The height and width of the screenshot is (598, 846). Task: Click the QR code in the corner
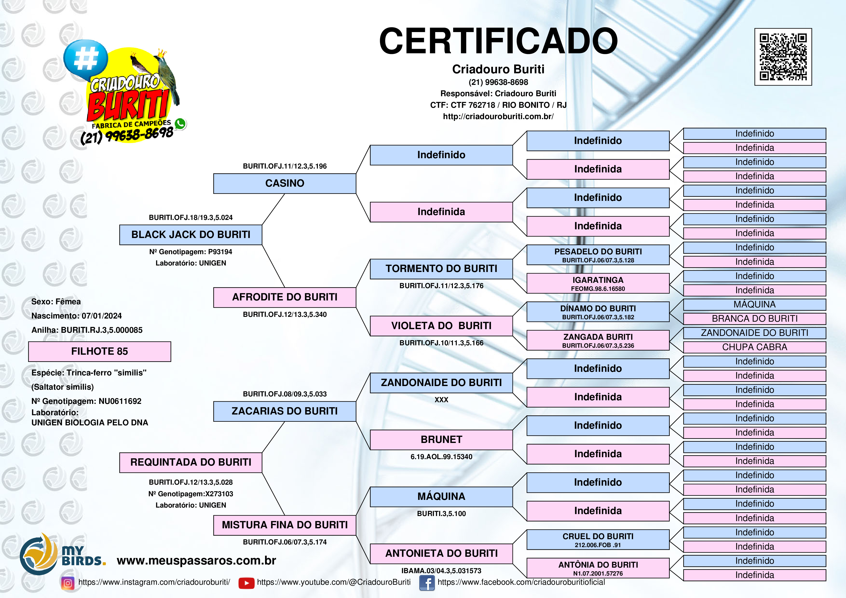[x=783, y=57]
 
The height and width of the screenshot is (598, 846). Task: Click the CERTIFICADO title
[x=498, y=41]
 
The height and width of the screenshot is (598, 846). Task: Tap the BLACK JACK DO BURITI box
[x=191, y=235]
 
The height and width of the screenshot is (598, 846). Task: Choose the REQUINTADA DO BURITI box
[x=191, y=462]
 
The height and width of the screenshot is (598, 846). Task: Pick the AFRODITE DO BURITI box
[x=285, y=297]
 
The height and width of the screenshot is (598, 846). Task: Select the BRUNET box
[x=441, y=440]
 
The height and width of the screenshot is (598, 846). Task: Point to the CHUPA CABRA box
[x=754, y=347]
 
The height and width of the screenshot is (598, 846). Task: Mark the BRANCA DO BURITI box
[x=754, y=319]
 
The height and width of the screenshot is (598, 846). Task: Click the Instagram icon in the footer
[x=68, y=583]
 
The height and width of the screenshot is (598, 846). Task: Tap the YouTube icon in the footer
[x=246, y=583]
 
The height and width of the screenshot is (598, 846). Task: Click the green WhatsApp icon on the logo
[x=180, y=124]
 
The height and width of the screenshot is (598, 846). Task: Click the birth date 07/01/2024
[x=102, y=316]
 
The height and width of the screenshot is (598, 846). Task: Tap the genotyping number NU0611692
[x=120, y=401]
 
